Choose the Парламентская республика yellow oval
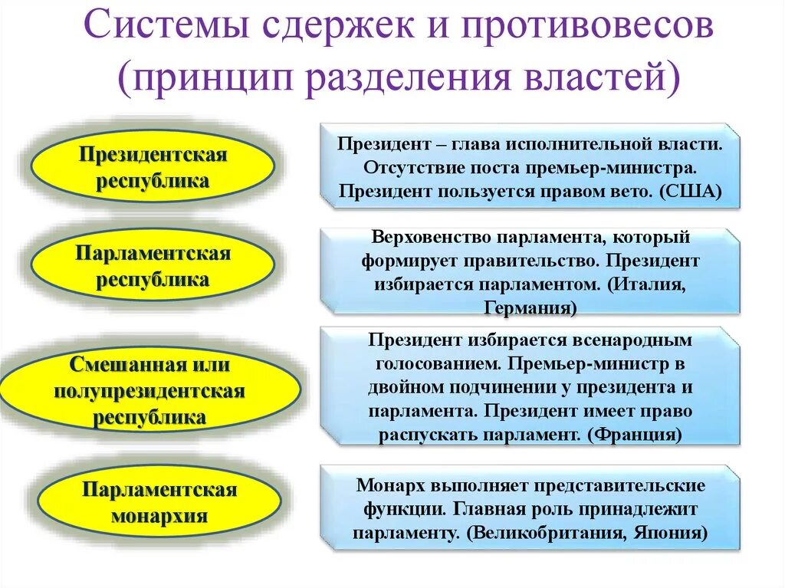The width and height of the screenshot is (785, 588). point(153,266)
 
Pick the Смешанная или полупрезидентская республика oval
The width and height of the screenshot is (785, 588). point(150,390)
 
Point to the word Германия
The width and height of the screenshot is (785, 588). point(530,308)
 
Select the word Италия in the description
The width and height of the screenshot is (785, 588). point(645,284)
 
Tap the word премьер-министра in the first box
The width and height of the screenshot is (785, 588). point(630,167)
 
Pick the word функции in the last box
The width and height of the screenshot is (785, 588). point(392,510)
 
